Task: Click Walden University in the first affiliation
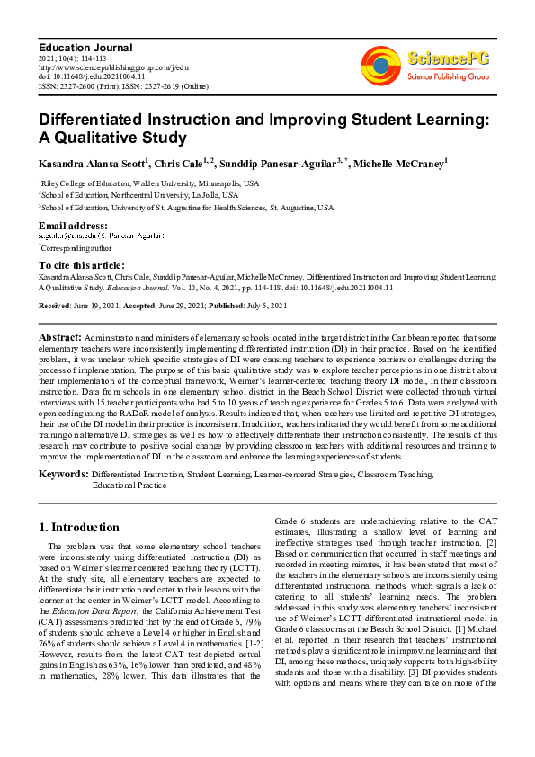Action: [x=157, y=183]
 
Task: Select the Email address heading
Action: [x=73, y=224]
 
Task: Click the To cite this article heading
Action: [x=83, y=265]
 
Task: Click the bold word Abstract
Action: [x=60, y=336]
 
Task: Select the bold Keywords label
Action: [x=63, y=473]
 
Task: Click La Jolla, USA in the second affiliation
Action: [x=215, y=194]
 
